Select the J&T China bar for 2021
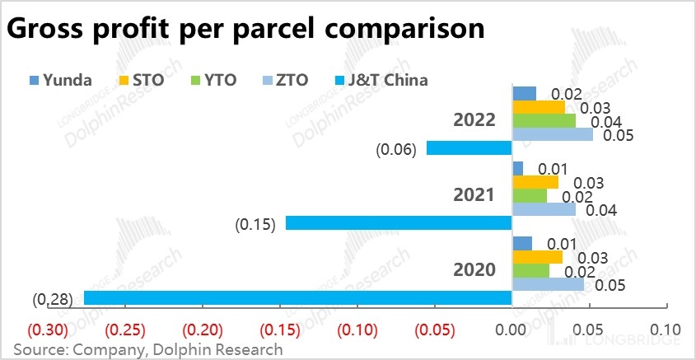(x=399, y=223)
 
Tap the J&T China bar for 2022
(x=469, y=148)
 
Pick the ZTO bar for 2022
(x=552, y=134)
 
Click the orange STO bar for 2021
(x=535, y=181)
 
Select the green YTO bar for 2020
(x=530, y=270)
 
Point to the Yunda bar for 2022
(x=524, y=93)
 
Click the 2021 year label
(x=474, y=195)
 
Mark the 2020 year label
(x=474, y=269)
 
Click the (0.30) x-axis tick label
(x=47, y=330)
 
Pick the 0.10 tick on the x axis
(x=666, y=330)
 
